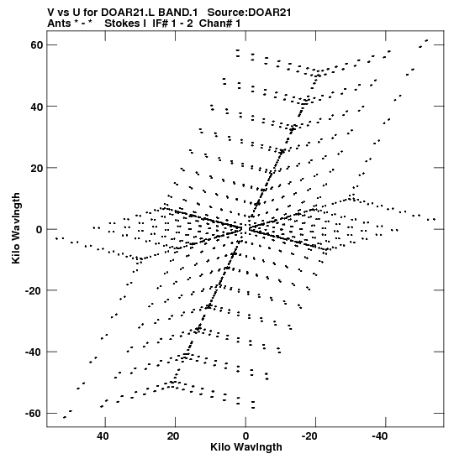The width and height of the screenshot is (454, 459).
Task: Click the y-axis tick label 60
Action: click(37, 45)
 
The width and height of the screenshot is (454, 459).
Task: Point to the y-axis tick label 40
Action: click(37, 107)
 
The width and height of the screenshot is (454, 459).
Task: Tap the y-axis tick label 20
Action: click(37, 169)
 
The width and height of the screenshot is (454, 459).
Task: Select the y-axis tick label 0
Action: click(40, 230)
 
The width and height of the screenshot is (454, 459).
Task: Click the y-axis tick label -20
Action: click(34, 290)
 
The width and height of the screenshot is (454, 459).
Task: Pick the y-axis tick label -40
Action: click(34, 352)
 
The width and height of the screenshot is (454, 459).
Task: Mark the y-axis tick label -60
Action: click(34, 414)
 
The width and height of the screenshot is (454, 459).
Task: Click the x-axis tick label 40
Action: click(103, 436)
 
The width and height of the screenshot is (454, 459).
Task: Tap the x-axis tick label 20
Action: click(173, 436)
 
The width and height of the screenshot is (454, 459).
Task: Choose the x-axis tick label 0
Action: click(245, 436)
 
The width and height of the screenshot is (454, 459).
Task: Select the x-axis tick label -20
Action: click(309, 436)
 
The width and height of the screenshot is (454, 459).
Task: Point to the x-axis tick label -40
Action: click(379, 436)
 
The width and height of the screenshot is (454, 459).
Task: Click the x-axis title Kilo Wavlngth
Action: click(246, 447)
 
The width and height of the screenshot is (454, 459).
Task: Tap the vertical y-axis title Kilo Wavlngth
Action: click(16, 228)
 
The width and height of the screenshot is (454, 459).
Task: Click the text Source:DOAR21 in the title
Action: click(250, 13)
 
